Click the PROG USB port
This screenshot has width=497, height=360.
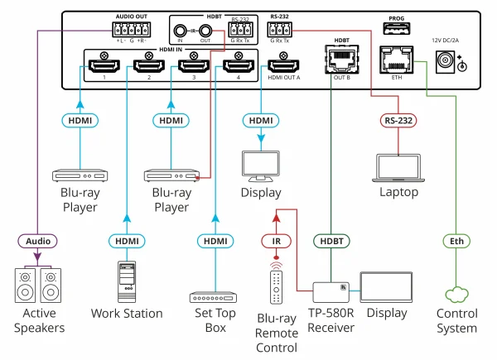pyautogui.click(x=395, y=28)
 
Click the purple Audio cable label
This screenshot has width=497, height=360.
pyautogui.click(x=36, y=242)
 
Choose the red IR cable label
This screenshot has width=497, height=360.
pyautogui.click(x=277, y=242)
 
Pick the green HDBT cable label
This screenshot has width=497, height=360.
pyautogui.click(x=331, y=242)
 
